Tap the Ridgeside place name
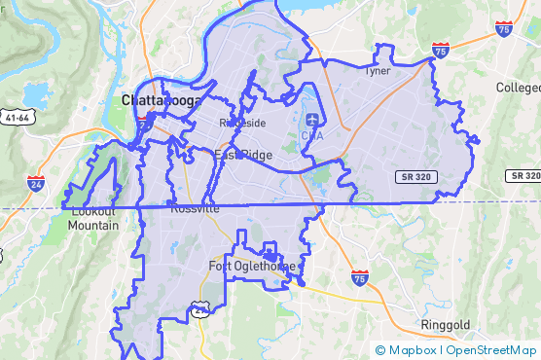tap(242, 123)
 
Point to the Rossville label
tap(195, 208)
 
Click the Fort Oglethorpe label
tap(252, 267)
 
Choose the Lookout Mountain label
tap(93, 219)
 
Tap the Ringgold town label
tap(446, 324)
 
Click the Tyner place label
tap(377, 71)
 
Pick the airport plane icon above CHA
tap(311, 120)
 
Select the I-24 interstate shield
tap(36, 182)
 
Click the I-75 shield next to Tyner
tap(441, 50)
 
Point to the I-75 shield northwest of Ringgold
tap(360, 278)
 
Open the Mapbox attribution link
tap(413, 350)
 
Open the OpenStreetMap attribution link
tap(492, 350)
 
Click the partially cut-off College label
tap(518, 88)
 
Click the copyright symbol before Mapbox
tap(380, 350)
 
